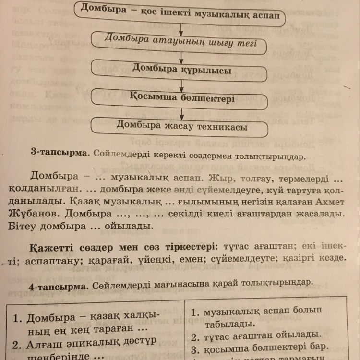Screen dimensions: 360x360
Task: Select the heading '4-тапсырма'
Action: pyautogui.click(x=59, y=286)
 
